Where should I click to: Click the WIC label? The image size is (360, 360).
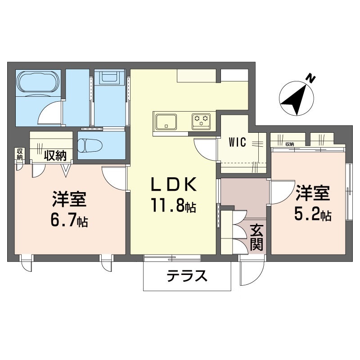click(x=237, y=143)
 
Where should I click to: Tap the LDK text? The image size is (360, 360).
click(x=173, y=185)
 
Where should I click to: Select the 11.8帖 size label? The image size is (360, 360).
click(x=173, y=207)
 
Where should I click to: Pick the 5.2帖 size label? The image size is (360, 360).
click(x=312, y=215)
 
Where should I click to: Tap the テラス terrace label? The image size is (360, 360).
click(x=187, y=274)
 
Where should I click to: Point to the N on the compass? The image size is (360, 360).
click(x=310, y=78)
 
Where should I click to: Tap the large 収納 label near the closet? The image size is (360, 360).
click(x=55, y=156)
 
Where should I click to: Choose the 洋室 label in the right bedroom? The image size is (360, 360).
click(x=312, y=193)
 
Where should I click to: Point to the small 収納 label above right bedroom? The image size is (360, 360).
click(x=289, y=144)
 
